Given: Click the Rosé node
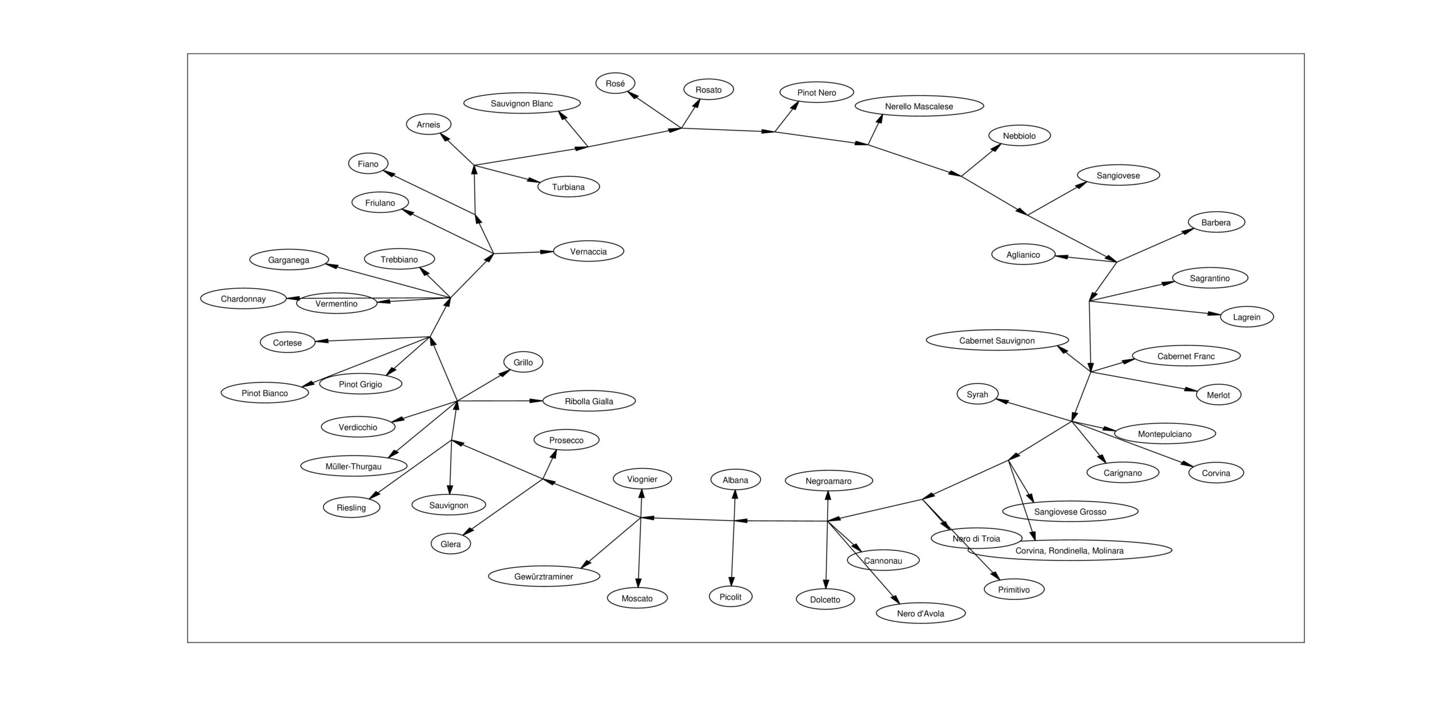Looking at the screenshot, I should (615, 83).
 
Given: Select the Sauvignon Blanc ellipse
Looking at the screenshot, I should (522, 104).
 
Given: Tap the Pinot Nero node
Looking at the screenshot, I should (816, 92).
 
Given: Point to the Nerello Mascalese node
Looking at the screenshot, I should (919, 106).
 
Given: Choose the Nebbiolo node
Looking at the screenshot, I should (1019, 136).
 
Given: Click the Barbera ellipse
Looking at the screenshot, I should (1216, 222).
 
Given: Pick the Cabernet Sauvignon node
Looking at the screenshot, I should (996, 340).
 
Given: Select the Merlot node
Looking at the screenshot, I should (1218, 395).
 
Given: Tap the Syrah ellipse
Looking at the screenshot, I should (977, 394).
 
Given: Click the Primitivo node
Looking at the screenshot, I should (1013, 590).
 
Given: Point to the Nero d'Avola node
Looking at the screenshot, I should (920, 613).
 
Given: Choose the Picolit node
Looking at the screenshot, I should (730, 597).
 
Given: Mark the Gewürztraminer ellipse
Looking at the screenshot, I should (544, 576).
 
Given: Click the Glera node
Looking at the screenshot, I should (450, 544).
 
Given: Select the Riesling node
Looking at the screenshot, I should (351, 508).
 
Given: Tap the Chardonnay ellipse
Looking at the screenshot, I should (243, 299).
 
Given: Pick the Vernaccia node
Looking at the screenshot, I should (588, 252).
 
